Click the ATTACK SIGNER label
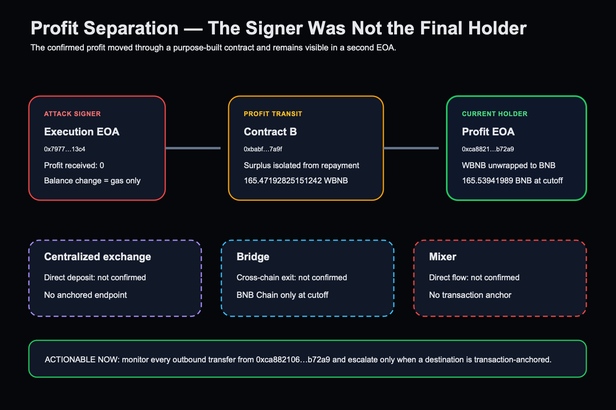pos(72,114)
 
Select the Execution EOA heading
pos(82,132)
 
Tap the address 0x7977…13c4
pos(65,149)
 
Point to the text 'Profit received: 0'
pos(74,165)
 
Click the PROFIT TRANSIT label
pos(273,114)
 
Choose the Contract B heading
pos(270,132)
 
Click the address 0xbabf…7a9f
pos(263,149)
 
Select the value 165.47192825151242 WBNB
pos(296,181)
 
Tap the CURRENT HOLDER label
pos(494,114)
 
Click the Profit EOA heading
pos(488,132)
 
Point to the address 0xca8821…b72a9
pos(488,149)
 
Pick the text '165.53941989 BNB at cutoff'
pos(512,181)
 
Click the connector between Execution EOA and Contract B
pos(193,148)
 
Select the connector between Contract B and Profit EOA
pos(411,148)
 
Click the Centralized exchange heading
pos(97,257)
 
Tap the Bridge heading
pos(253,257)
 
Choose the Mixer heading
pos(442,257)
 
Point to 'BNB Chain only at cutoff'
pos(282,295)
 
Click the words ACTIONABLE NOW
pos(81,360)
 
